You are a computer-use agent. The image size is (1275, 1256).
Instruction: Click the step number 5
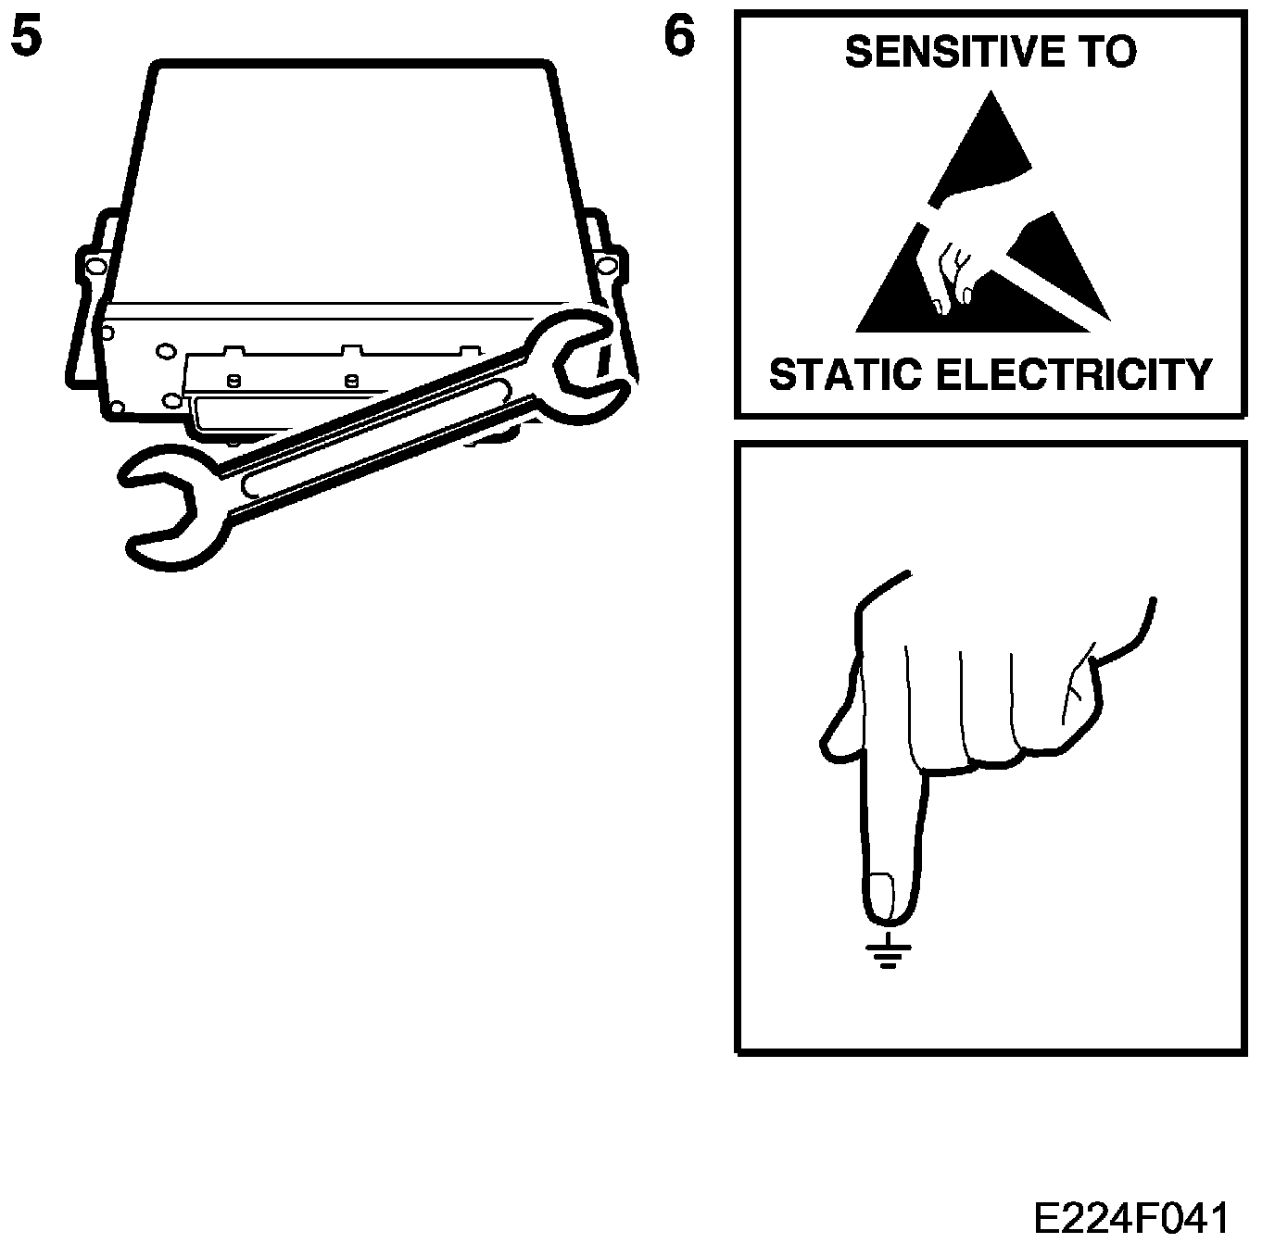(25, 39)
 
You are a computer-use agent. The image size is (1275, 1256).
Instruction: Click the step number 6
(679, 39)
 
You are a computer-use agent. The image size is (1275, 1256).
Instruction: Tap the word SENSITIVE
(942, 52)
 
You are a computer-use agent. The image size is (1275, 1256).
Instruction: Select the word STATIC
(844, 375)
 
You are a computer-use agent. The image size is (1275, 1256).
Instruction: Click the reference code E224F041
(1130, 1219)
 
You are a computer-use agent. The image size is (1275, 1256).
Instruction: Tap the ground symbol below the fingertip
(889, 951)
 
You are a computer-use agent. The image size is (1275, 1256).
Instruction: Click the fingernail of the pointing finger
(880, 894)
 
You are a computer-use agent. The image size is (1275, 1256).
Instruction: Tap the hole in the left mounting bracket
(94, 269)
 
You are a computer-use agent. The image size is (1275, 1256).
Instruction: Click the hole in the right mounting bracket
(607, 268)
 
